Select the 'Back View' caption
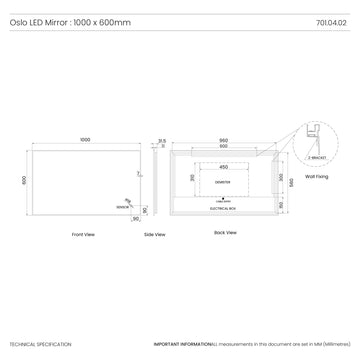click(225, 232)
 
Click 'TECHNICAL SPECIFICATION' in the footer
click(40, 344)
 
